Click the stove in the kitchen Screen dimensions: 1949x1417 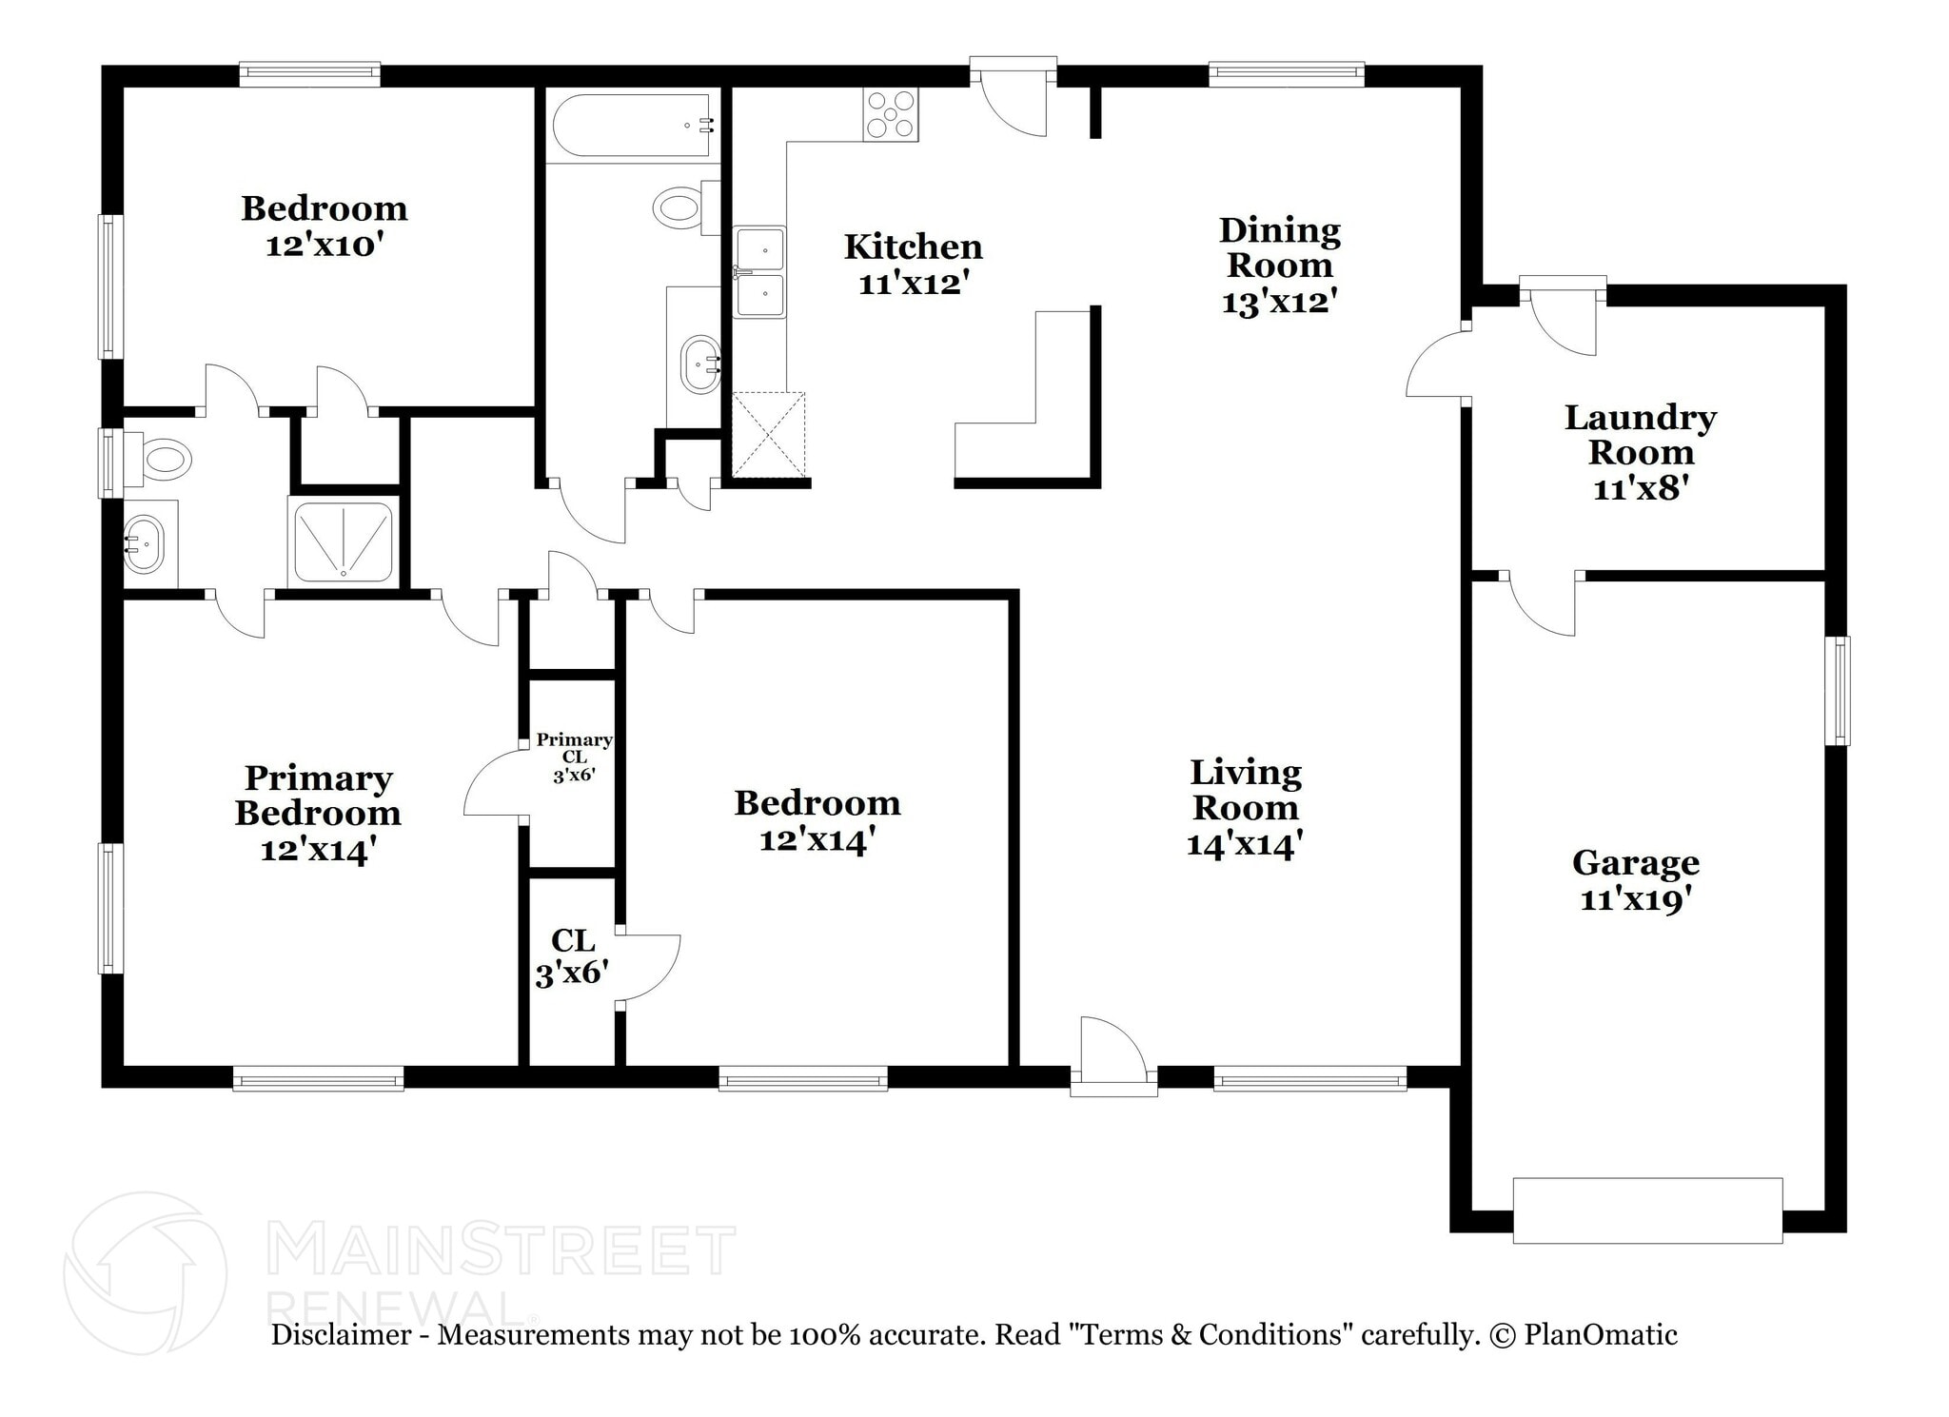[x=891, y=114]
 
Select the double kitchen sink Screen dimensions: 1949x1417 [x=759, y=272]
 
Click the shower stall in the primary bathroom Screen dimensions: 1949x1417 [x=343, y=541]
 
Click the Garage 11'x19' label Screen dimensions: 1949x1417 [x=1636, y=880]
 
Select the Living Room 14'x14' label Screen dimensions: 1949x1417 [x=1246, y=808]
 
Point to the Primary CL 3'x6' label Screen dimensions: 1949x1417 [x=574, y=757]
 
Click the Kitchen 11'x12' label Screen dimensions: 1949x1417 [x=914, y=264]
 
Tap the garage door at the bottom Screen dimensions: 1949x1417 [x=1647, y=1210]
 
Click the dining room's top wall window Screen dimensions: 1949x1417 [x=1287, y=74]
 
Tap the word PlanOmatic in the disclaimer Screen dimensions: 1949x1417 [x=1601, y=1335]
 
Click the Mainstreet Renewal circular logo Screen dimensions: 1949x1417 [x=146, y=1272]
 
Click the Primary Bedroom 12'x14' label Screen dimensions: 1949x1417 [x=318, y=813]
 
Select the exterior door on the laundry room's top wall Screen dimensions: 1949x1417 [x=1564, y=316]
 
